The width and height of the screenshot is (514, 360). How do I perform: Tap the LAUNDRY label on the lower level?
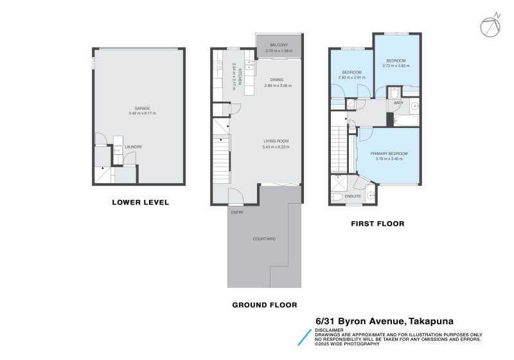point(133,147)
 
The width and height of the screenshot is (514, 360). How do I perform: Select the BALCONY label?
point(278,44)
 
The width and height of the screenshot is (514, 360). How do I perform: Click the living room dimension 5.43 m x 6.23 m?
point(276,147)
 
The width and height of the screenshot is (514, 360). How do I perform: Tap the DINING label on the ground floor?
point(277,80)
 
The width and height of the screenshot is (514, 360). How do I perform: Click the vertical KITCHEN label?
point(240,76)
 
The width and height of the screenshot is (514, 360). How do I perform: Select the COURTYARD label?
point(263,239)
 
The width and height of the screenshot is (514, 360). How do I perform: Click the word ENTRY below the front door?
point(237,212)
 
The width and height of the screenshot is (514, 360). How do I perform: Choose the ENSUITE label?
point(353,195)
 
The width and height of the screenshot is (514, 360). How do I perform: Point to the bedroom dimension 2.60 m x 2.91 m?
point(351,78)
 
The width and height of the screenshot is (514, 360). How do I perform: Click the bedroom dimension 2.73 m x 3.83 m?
point(396,65)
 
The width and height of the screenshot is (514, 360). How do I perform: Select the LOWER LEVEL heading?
point(140,203)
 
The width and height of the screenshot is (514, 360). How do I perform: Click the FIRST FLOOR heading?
point(377,224)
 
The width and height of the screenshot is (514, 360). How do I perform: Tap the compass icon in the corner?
point(489,26)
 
